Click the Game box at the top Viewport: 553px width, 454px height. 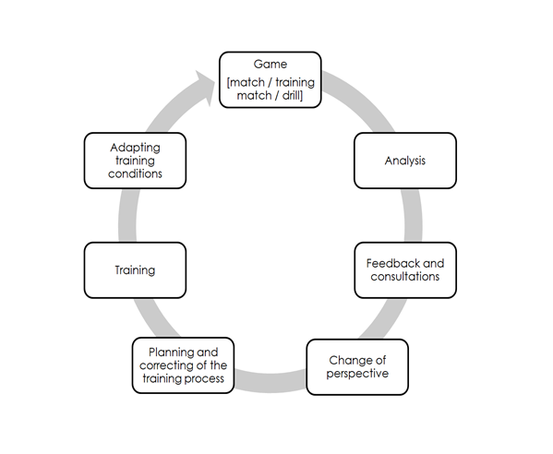(270, 79)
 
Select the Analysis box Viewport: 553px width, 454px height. (405, 161)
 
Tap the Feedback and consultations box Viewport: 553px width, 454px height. (405, 270)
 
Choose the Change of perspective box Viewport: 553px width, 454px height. (358, 367)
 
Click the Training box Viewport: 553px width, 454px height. (135, 270)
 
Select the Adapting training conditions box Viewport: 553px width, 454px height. (135, 161)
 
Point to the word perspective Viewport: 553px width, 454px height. (358, 374)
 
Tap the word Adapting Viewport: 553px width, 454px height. (135, 147)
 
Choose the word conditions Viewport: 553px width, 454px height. (135, 173)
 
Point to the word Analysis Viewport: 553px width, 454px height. (405, 161)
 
